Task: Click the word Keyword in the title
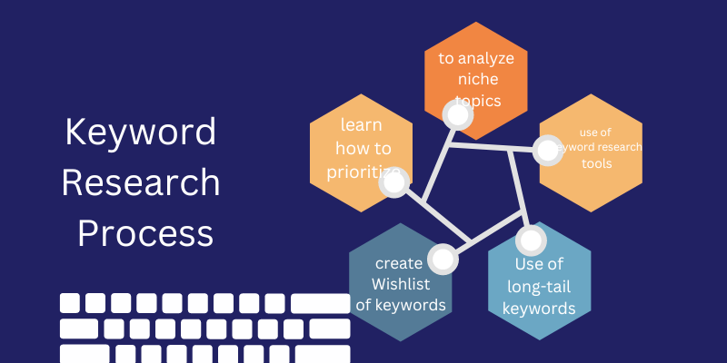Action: [141, 133]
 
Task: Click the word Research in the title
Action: [141, 183]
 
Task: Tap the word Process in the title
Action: [145, 233]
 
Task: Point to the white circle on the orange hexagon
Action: [454, 114]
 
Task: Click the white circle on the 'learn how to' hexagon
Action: [394, 182]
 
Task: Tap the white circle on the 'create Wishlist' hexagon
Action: [443, 260]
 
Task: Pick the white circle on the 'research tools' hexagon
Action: [548, 150]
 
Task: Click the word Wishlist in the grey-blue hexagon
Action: [400, 284]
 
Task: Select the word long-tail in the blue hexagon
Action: [539, 287]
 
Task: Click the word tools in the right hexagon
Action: [597, 164]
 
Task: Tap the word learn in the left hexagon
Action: [362, 124]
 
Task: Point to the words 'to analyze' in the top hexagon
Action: [476, 59]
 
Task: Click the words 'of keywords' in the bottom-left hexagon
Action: [400, 305]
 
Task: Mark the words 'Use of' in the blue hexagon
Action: [539, 265]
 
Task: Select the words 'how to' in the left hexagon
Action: [362, 147]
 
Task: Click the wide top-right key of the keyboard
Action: [320, 303]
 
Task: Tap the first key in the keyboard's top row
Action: [70, 303]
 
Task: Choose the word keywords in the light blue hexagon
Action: [539, 309]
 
